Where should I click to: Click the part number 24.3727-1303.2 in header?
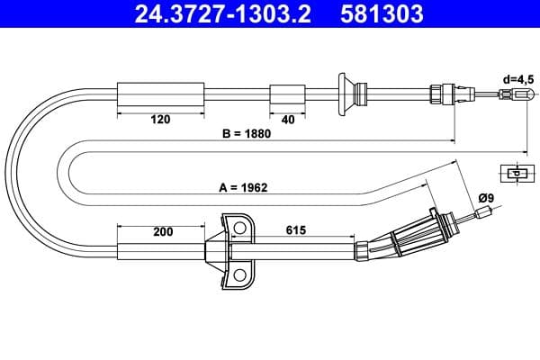tap(219, 14)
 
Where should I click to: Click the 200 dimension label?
tap(162, 231)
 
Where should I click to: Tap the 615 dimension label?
tap(294, 230)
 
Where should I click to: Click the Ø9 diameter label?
tap(486, 196)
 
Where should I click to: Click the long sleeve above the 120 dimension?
tap(162, 93)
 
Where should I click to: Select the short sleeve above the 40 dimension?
tap(289, 93)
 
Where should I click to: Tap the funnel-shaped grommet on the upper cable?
tap(343, 93)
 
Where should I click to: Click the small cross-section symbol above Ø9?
tap(516, 173)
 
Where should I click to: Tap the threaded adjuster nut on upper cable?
tap(440, 93)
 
